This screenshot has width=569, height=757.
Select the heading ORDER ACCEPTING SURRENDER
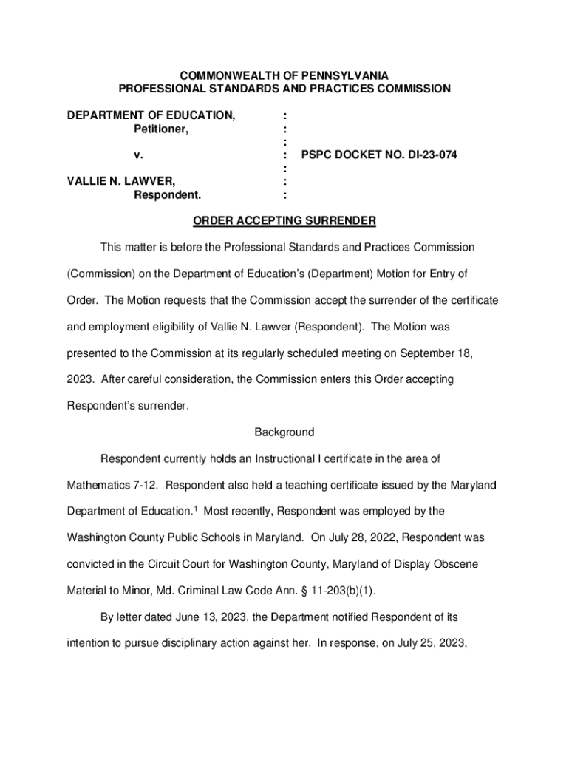pyautogui.click(x=284, y=220)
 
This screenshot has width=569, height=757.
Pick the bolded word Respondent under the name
pyautogui.click(x=167, y=195)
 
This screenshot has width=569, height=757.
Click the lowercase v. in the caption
pyautogui.click(x=138, y=156)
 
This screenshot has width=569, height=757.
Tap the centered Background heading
pyautogui.click(x=284, y=432)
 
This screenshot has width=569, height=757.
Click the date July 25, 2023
pyautogui.click(x=429, y=643)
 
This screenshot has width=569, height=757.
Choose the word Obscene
pyautogui.click(x=457, y=564)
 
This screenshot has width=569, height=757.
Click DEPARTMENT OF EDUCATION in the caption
pyautogui.click(x=151, y=115)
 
